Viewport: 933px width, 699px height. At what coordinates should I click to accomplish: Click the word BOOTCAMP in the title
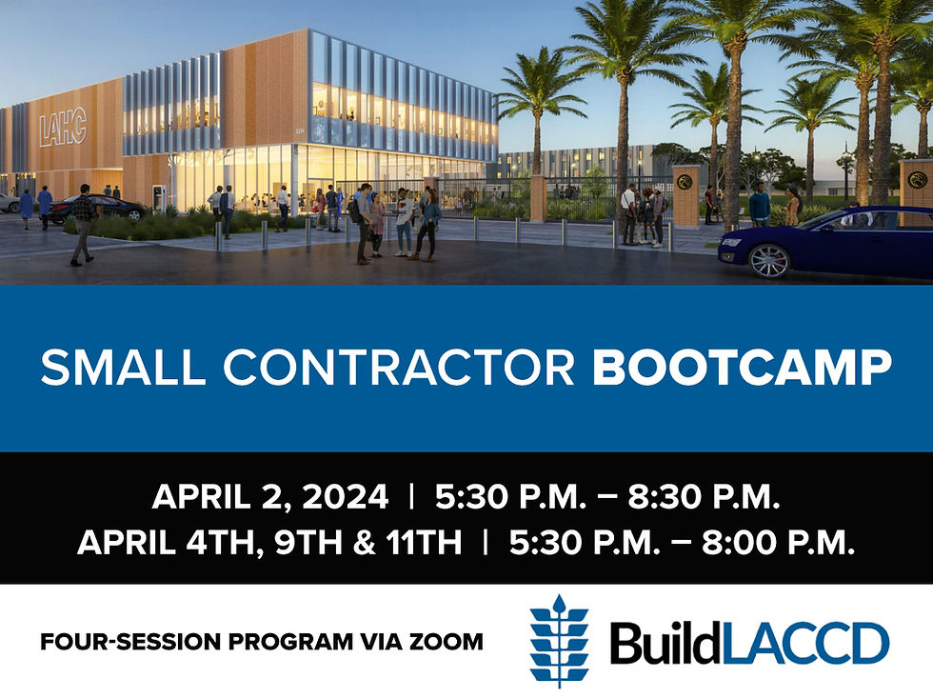tap(742, 368)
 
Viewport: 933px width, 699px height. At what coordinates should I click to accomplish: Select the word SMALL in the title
tap(123, 368)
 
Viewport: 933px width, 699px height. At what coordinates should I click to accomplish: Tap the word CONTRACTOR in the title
tap(399, 368)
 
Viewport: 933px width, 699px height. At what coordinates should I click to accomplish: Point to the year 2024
tap(345, 496)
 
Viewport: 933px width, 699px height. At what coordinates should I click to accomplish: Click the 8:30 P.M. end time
tap(704, 496)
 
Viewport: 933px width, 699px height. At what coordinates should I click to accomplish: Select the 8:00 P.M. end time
tap(779, 542)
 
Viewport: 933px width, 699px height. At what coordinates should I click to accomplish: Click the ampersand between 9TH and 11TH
tap(364, 542)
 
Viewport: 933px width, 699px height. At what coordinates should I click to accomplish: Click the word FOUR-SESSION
tap(130, 642)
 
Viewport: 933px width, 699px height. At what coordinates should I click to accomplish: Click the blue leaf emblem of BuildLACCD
tap(559, 641)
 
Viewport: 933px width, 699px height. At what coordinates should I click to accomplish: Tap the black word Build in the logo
tap(664, 643)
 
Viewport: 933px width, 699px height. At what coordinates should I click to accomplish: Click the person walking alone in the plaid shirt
tap(83, 225)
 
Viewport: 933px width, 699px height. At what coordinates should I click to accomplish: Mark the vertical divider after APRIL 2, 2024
tap(411, 496)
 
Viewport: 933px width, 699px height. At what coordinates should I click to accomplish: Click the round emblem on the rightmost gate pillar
tap(917, 180)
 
